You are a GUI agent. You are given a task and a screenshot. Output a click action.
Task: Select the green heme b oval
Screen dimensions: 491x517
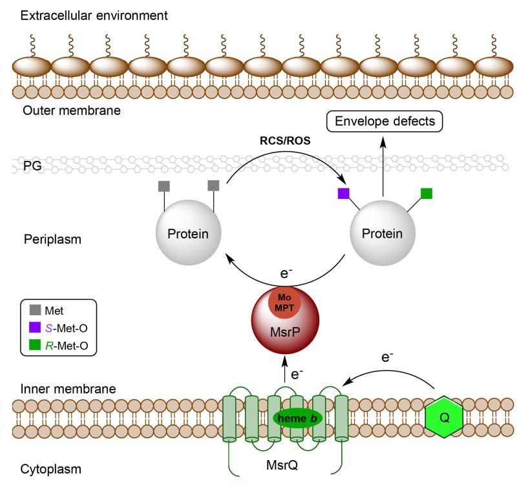(x=298, y=418)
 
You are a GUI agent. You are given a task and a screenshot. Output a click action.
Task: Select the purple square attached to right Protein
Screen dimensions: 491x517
(x=344, y=193)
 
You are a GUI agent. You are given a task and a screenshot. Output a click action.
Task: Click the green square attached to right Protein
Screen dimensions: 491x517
(x=426, y=193)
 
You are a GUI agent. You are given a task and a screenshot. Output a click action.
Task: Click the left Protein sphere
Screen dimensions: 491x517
(x=188, y=233)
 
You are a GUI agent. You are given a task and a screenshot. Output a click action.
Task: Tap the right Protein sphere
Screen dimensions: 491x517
(x=382, y=233)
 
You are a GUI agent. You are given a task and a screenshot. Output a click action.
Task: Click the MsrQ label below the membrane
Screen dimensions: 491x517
(x=281, y=465)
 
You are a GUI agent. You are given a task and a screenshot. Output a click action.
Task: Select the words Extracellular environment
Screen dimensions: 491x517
(x=94, y=15)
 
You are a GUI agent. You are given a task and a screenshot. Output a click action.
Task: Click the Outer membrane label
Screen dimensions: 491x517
(x=71, y=110)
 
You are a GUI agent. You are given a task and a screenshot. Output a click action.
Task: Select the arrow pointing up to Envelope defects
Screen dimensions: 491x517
(x=382, y=165)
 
